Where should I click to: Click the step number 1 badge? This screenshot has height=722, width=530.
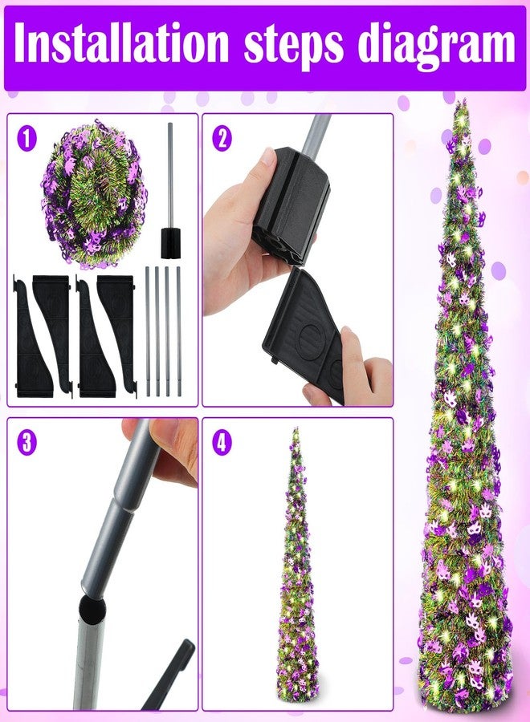26,138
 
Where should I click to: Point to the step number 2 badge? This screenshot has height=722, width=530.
222,138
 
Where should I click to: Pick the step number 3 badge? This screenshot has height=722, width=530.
26,443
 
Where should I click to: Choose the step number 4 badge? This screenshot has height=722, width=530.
222,443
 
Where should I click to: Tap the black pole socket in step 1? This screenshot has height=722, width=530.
171,242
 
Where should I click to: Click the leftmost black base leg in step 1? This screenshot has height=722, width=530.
31,336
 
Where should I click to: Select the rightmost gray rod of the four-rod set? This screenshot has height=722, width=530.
179,331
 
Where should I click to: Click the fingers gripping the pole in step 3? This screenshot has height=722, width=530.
168,455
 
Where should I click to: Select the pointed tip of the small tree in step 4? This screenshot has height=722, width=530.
296,430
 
